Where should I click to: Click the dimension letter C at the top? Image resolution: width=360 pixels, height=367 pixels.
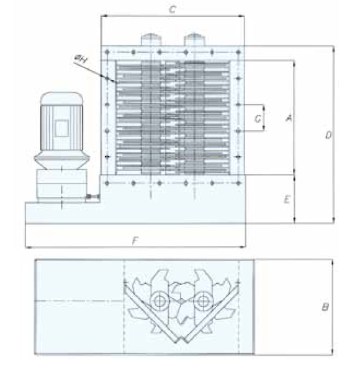pos(173,9)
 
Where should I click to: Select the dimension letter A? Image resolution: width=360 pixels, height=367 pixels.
pos(289,118)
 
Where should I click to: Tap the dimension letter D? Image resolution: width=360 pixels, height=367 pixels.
pos(328,135)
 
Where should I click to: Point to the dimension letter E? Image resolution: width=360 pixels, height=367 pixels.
pos(287,200)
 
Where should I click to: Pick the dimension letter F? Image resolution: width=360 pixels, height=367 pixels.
pos(135,241)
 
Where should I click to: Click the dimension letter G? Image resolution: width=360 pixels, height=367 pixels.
pos(258,118)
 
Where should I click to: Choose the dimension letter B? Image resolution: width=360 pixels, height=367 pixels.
pos(325,307)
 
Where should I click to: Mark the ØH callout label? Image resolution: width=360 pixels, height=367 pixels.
pos(81,58)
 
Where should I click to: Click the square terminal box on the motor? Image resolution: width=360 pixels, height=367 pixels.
pos(61,128)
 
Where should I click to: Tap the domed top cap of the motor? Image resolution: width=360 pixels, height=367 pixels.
pos(61,99)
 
